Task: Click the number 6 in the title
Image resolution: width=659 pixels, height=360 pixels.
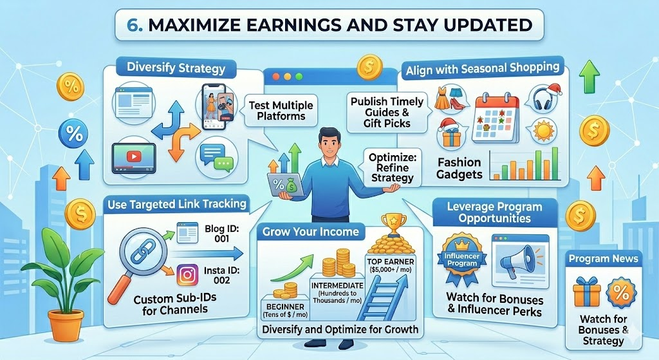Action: (133, 25)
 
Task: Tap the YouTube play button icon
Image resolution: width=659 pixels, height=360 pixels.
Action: (134, 157)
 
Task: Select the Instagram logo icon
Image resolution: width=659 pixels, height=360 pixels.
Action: (187, 275)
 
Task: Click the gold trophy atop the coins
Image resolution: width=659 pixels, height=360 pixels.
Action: (393, 225)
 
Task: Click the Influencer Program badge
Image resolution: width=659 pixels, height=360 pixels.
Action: (462, 260)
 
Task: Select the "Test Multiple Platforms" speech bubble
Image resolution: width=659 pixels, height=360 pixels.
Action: (281, 111)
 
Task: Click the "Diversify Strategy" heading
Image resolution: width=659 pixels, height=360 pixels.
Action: (176, 68)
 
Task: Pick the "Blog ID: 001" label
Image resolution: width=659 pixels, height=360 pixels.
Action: (221, 234)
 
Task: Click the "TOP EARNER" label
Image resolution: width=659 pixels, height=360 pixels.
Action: (391, 261)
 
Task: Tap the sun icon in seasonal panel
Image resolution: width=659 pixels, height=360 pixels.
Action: (544, 130)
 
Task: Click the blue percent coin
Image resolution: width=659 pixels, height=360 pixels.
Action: (74, 135)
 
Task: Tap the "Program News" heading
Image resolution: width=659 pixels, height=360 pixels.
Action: (603, 259)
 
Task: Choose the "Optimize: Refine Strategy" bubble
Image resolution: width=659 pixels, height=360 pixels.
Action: (392, 168)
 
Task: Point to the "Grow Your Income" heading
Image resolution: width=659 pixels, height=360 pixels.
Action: (311, 232)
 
